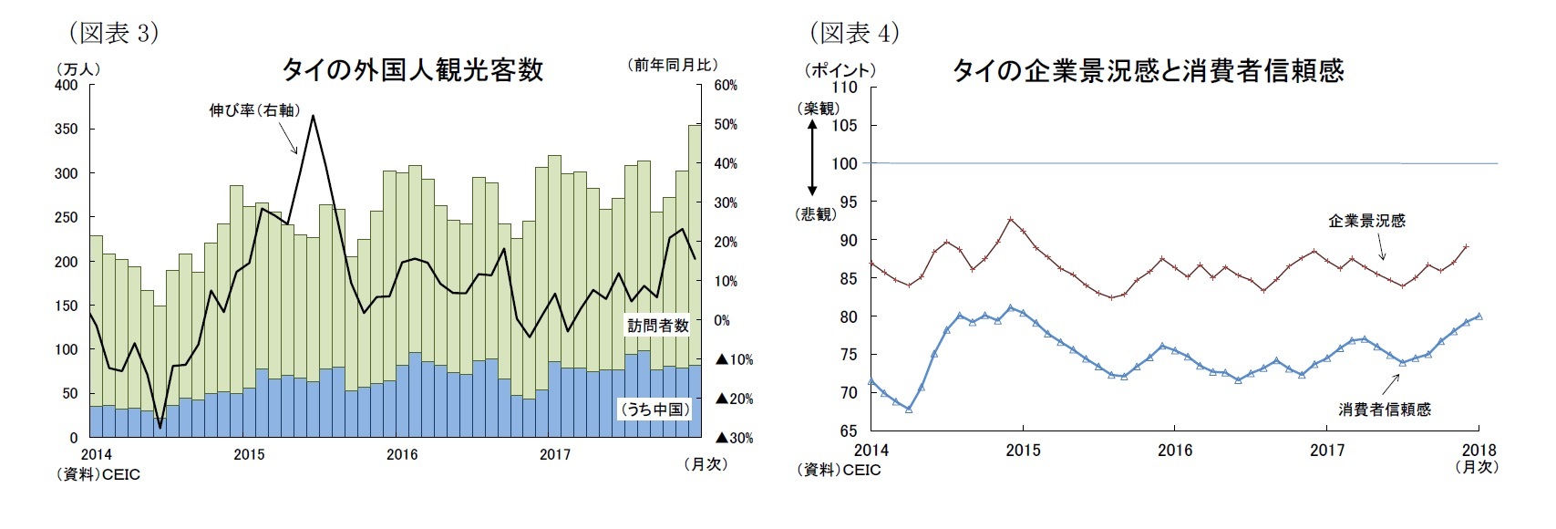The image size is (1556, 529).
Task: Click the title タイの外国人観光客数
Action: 412,70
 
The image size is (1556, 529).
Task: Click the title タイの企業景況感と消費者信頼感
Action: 1148,71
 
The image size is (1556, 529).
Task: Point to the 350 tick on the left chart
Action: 67,130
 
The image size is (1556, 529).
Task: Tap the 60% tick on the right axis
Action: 726,86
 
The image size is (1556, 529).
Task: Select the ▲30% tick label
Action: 734,438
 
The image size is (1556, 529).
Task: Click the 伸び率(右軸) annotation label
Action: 254,110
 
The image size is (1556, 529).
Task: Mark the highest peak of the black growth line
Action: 313,116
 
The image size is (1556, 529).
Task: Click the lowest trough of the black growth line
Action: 160,427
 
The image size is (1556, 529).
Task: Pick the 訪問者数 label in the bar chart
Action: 658,326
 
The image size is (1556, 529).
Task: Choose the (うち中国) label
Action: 654,410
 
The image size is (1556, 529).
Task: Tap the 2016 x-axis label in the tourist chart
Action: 402,454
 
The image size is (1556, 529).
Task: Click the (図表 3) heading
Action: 114,33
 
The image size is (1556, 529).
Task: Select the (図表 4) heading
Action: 854,33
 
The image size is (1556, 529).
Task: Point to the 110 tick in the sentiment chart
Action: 845,88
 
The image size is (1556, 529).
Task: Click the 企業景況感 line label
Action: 1366,221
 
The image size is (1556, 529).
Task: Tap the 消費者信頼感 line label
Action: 1384,410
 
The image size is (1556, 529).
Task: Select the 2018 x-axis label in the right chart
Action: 1479,450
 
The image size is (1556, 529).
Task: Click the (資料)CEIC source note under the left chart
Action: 98,474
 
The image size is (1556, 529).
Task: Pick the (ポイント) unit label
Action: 840,70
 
